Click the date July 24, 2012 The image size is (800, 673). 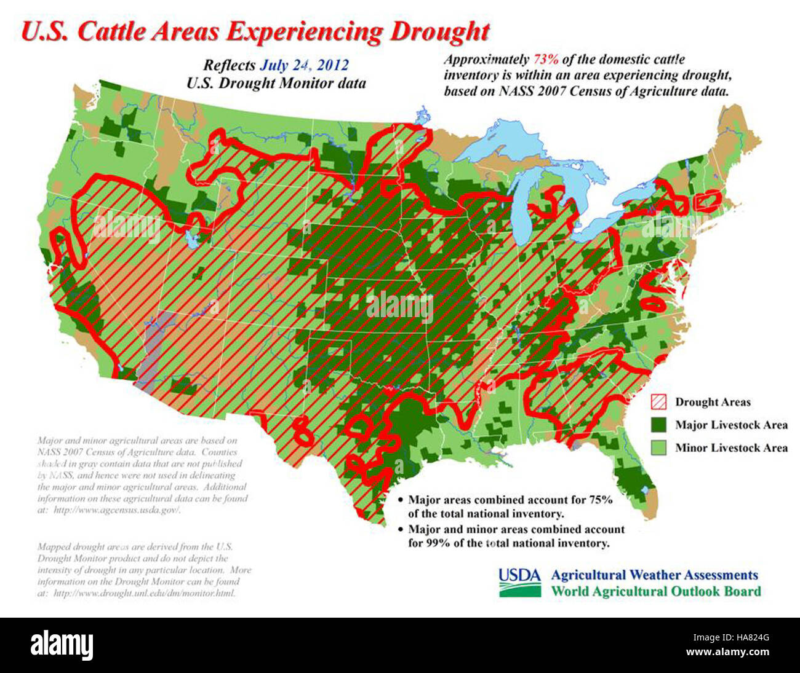[x=304, y=65]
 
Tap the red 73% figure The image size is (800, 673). [x=545, y=60]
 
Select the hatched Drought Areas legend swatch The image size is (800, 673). [x=659, y=403]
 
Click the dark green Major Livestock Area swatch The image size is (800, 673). [x=659, y=425]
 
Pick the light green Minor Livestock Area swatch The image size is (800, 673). [x=659, y=447]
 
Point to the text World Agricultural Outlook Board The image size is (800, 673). [x=655, y=592]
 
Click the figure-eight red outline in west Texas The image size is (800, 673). [x=302, y=430]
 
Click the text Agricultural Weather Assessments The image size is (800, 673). [x=654, y=575]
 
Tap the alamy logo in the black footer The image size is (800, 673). [x=62, y=645]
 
